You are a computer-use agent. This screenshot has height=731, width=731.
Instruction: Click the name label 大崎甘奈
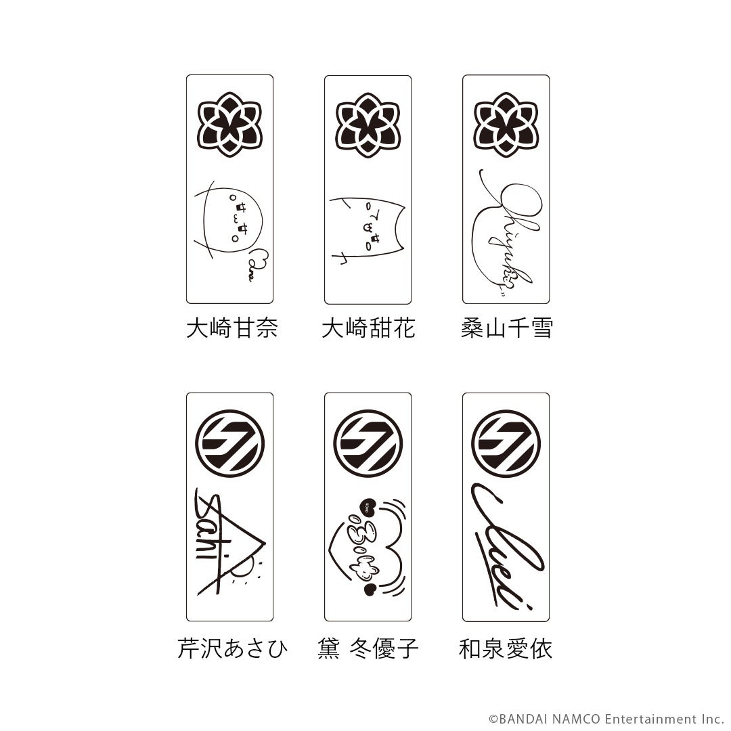[231, 330]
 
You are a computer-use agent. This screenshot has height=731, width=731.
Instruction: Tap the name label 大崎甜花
[368, 330]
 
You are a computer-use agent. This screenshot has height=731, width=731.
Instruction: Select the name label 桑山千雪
[506, 330]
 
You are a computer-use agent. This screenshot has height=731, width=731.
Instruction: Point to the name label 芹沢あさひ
[232, 649]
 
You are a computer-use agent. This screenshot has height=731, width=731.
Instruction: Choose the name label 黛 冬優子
[368, 649]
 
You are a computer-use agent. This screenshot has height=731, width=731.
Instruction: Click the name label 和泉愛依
[506, 649]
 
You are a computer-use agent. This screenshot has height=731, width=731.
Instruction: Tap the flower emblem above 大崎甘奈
[229, 125]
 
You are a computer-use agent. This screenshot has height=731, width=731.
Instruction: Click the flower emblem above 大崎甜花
[368, 125]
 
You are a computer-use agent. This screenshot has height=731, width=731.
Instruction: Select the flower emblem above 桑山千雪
[506, 125]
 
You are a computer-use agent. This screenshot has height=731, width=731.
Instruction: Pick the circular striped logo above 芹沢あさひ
[229, 443]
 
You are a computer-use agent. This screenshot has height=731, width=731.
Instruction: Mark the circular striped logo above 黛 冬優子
[368, 443]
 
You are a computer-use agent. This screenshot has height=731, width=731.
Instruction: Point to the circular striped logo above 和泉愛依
[506, 443]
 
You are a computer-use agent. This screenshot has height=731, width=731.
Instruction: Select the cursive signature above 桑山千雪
[505, 230]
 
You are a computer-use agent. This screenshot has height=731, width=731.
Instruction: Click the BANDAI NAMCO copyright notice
[606, 719]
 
